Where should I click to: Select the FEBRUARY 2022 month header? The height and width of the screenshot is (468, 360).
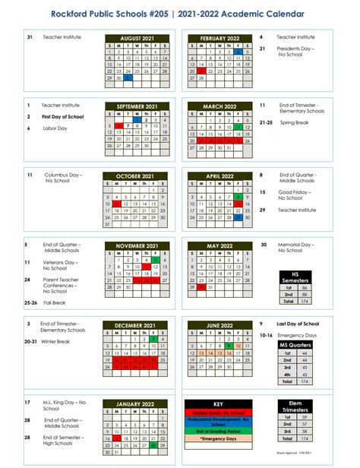pyautogui.click(x=219, y=37)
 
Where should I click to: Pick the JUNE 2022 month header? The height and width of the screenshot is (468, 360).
pyautogui.click(x=219, y=325)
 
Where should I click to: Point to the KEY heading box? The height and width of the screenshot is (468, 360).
pyautogui.click(x=219, y=403)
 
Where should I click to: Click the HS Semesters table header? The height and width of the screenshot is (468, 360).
pyautogui.click(x=295, y=277)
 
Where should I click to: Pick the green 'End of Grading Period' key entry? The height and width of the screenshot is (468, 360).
pyautogui.click(x=219, y=431)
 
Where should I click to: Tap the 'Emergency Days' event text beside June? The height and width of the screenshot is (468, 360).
pyautogui.click(x=295, y=334)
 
